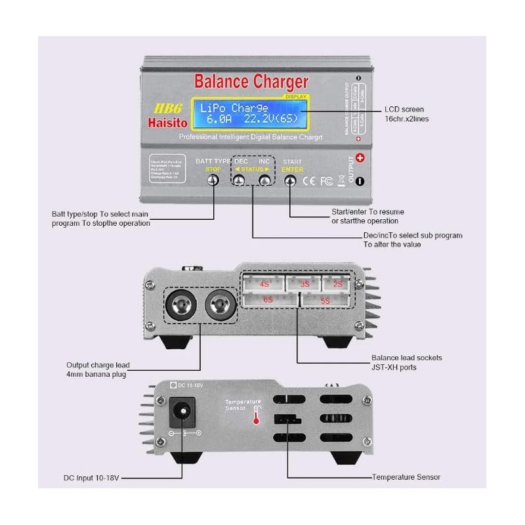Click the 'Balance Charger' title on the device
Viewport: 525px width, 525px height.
pyautogui.click(x=251, y=82)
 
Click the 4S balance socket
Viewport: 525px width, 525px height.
pyautogui.click(x=264, y=284)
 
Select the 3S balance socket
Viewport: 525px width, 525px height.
pyautogui.click(x=304, y=284)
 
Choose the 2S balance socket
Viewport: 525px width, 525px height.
pyautogui.click(x=338, y=284)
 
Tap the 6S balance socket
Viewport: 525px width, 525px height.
pyautogui.click(x=269, y=300)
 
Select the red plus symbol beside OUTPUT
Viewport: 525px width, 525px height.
pyautogui.click(x=359, y=157)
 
